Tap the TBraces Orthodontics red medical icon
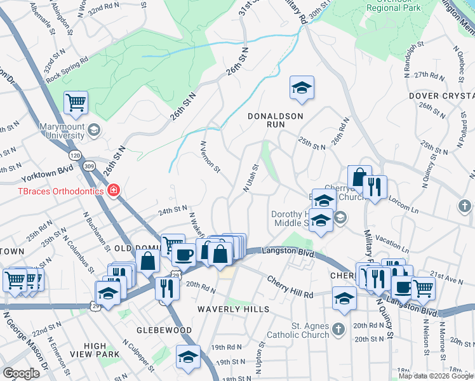click(114, 190)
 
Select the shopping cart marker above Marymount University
click(76, 102)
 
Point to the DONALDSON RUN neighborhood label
click(276, 116)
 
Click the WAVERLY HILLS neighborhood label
click(232, 309)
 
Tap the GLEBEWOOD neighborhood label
click(164, 330)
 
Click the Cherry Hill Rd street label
click(290, 288)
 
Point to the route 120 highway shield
click(75, 155)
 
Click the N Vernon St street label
click(210, 157)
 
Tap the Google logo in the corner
click(21, 373)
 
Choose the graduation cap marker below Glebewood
click(188, 357)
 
